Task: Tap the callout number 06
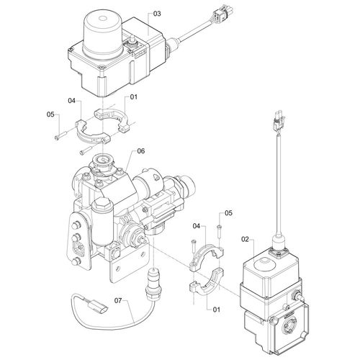141,150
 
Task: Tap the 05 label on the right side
229,212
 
